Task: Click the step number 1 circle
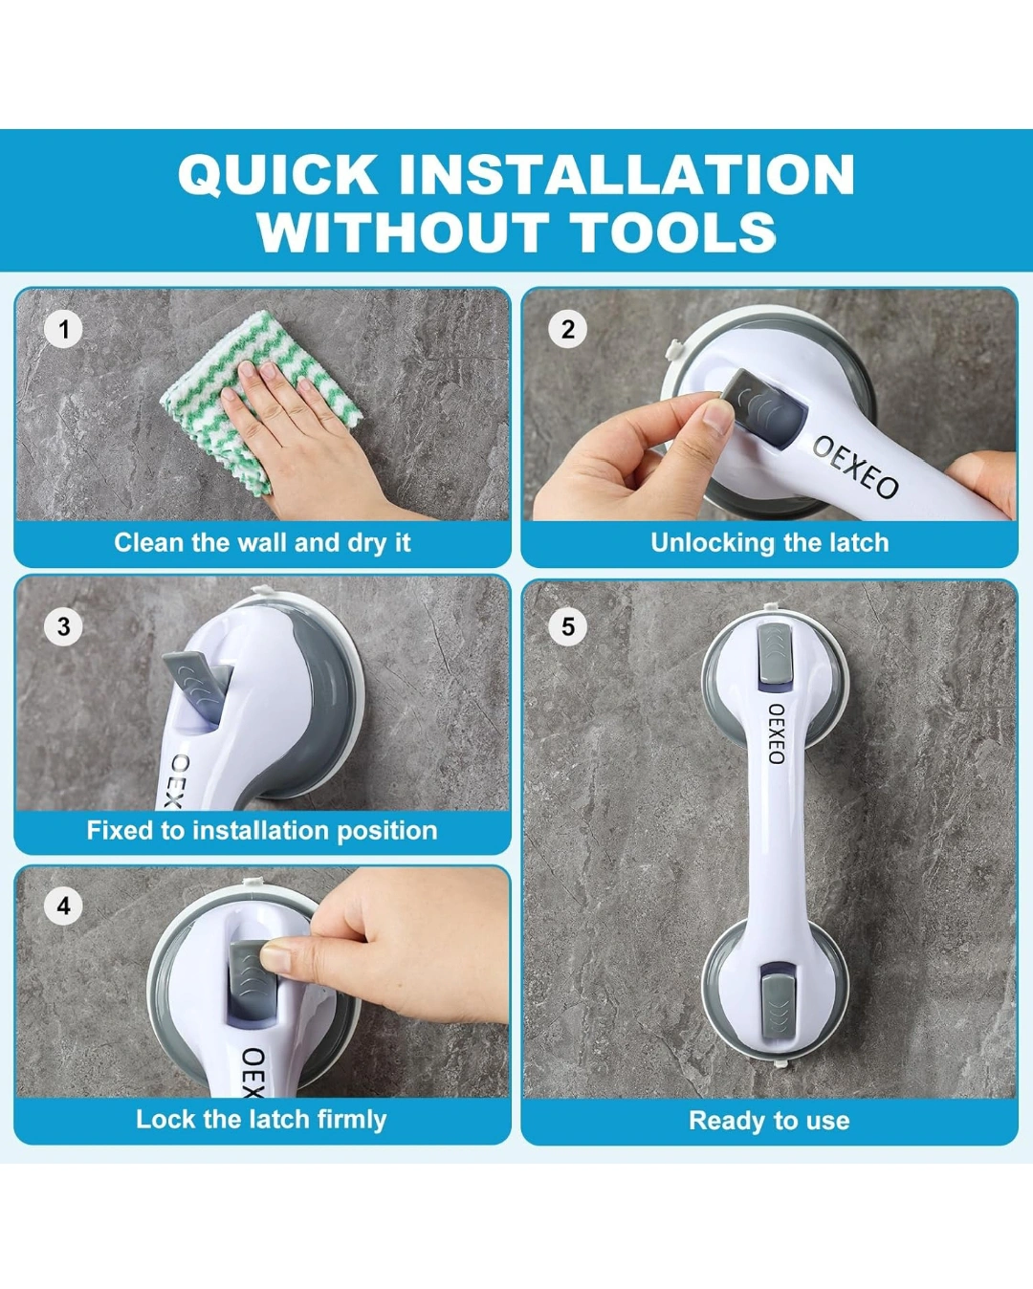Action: tap(64, 329)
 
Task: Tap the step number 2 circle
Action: tap(567, 329)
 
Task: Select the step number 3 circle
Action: tap(64, 626)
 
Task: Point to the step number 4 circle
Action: tap(64, 905)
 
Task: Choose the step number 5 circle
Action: tap(567, 626)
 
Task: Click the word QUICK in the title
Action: tap(278, 174)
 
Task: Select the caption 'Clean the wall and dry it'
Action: tap(262, 543)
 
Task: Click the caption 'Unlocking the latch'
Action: tap(769, 543)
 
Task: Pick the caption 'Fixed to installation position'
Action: tap(262, 831)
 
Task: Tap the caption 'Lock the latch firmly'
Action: tap(261, 1119)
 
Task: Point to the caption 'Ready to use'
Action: tap(769, 1120)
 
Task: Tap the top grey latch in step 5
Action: tap(775, 647)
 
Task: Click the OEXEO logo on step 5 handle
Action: tap(777, 733)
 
